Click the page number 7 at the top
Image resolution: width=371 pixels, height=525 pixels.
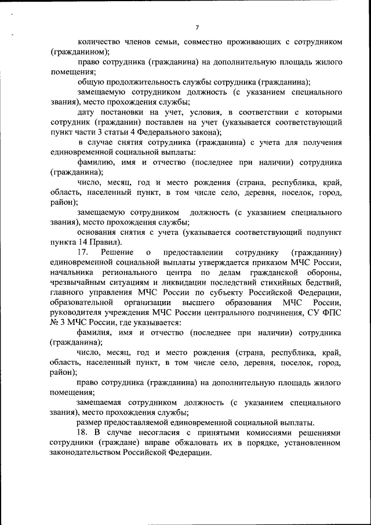(197, 27)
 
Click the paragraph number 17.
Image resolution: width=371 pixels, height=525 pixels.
(82, 252)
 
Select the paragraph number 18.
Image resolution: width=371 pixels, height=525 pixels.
(82, 433)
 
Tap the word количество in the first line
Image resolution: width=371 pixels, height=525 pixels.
(99, 42)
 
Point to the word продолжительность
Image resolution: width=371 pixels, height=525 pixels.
(153, 82)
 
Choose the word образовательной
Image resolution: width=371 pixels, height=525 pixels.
(81, 303)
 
